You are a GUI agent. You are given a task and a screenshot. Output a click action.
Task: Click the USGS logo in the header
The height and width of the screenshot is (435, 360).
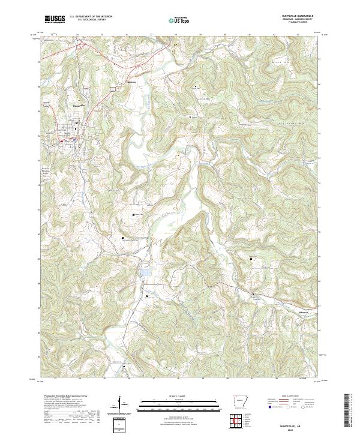tap(55, 19)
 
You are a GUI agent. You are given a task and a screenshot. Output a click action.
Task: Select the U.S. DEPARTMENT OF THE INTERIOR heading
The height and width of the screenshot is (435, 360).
tap(90, 17)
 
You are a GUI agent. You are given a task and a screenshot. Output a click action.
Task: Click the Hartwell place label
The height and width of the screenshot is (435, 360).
tap(132, 82)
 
